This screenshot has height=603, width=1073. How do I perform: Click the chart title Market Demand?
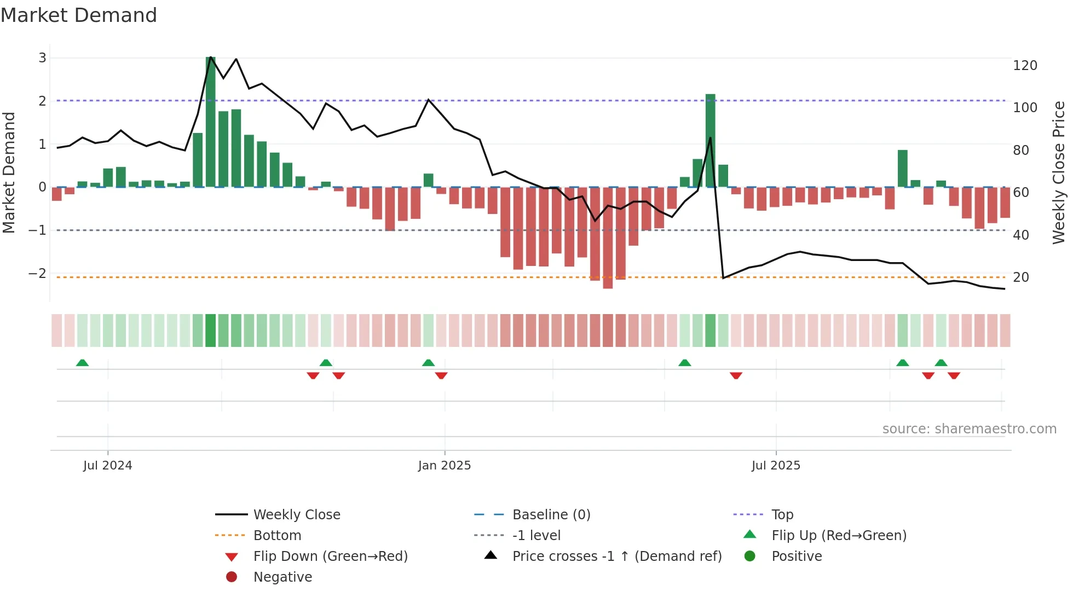[x=79, y=15]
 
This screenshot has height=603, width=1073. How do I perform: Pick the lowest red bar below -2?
[x=608, y=237]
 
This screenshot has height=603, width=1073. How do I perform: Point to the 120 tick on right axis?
[x=1025, y=66]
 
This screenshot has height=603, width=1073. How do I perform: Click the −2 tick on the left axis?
[x=37, y=273]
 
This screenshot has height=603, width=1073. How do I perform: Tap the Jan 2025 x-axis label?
[x=444, y=466]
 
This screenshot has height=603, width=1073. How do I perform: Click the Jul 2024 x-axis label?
[x=107, y=466]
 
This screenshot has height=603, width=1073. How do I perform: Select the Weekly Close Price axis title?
[x=1059, y=172]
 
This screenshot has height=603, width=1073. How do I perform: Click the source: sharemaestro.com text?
[x=969, y=429]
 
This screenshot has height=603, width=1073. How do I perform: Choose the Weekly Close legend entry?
[x=296, y=515]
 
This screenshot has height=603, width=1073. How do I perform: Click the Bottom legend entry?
[x=277, y=536]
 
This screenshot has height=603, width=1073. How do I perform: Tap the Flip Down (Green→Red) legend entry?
[x=330, y=556]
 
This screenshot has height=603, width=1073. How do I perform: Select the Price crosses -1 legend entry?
[x=616, y=556]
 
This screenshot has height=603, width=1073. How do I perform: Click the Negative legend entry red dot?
[x=232, y=577]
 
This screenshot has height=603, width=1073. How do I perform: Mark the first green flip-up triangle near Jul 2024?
[x=82, y=363]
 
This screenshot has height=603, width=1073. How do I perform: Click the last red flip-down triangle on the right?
[x=954, y=375]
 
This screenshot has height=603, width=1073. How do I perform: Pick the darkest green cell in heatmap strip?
[x=211, y=331]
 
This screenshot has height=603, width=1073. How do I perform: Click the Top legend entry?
[x=782, y=515]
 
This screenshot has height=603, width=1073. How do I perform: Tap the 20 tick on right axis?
[x=1020, y=277]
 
